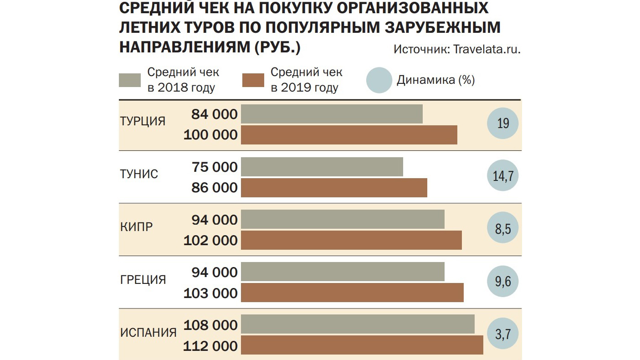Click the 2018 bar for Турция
332,114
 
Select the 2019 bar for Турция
349,135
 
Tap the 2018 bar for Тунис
322,167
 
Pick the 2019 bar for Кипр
351,240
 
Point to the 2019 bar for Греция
352,293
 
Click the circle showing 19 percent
503,123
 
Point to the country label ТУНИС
139,174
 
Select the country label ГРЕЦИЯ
143,279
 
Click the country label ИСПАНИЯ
148,332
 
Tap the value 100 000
210,135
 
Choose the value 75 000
215,167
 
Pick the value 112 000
210,346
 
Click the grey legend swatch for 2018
130,80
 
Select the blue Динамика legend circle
379,80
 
